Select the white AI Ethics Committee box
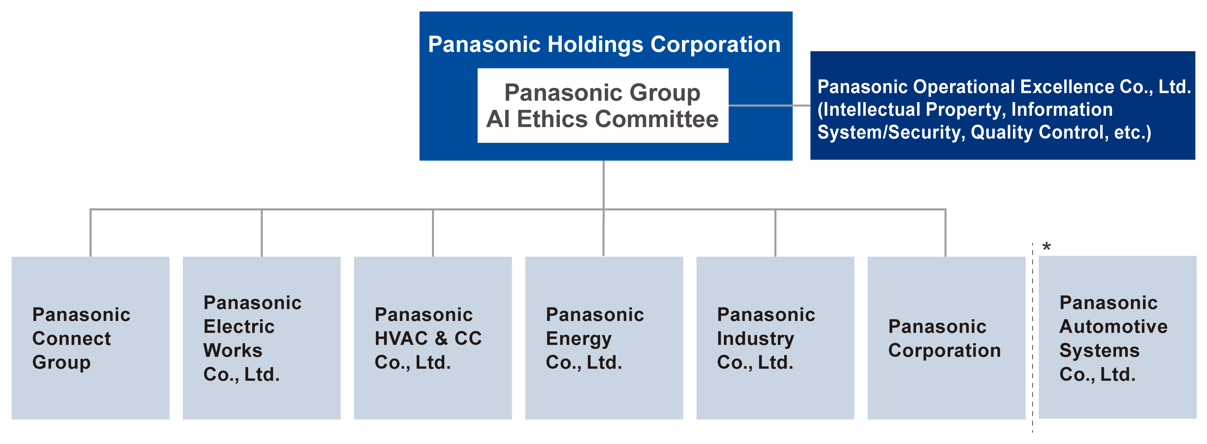pyautogui.click(x=602, y=105)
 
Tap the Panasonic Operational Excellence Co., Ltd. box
pyautogui.click(x=1002, y=105)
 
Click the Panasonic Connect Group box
pyautogui.click(x=90, y=338)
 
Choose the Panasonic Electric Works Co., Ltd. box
pyautogui.click(x=261, y=338)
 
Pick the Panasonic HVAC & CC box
pyautogui.click(x=433, y=338)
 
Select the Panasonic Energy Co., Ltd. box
pyautogui.click(x=604, y=338)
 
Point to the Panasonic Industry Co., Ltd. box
pyautogui.click(x=775, y=338)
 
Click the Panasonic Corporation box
pyautogui.click(x=946, y=338)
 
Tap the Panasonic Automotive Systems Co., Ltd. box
pyautogui.click(x=1117, y=337)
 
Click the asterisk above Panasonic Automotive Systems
pyautogui.click(x=1046, y=247)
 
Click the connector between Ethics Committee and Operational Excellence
pyautogui.click(x=769, y=105)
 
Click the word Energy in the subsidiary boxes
pyautogui.click(x=579, y=339)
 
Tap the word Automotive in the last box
pyautogui.click(x=1113, y=326)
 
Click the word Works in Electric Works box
pyautogui.click(x=233, y=350)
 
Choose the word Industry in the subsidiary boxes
pyautogui.click(x=755, y=339)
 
